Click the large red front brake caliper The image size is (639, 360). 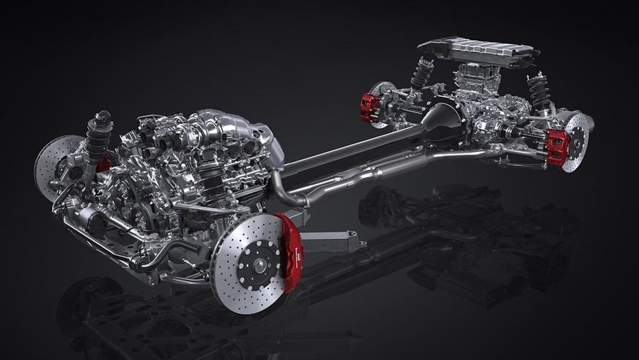pos(291,251)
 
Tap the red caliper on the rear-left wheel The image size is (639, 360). pos(369,108)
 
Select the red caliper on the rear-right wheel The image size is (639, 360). pos(556,147)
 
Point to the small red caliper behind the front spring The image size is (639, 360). pos(105,163)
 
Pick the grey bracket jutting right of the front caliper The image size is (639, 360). pos(333,240)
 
